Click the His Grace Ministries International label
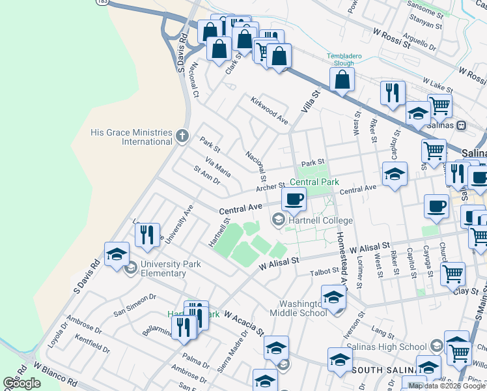(x=131, y=137)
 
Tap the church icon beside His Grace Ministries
(x=182, y=137)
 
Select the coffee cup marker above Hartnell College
(x=294, y=199)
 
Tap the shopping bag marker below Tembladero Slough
(x=342, y=80)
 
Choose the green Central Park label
(x=314, y=182)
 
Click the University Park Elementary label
(x=163, y=269)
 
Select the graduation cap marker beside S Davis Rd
(x=117, y=255)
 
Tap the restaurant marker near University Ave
(x=148, y=235)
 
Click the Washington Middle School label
(x=303, y=308)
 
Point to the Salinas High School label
(x=386, y=346)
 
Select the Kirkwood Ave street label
(x=270, y=109)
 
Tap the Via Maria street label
(x=217, y=167)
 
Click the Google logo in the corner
(x=22, y=383)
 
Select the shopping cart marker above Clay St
(x=452, y=274)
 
